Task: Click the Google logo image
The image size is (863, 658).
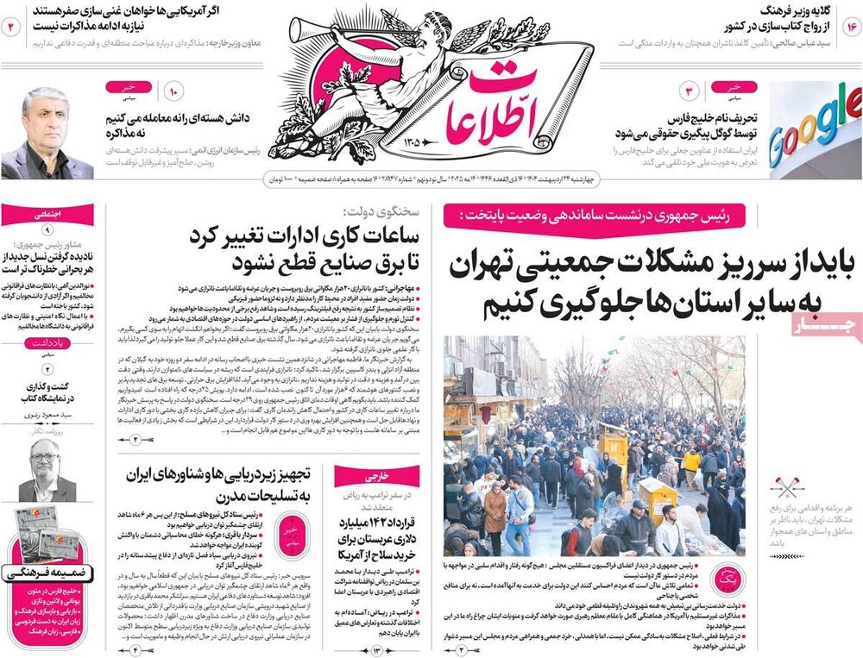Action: point(814,129)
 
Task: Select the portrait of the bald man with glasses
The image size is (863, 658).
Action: point(47,471)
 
